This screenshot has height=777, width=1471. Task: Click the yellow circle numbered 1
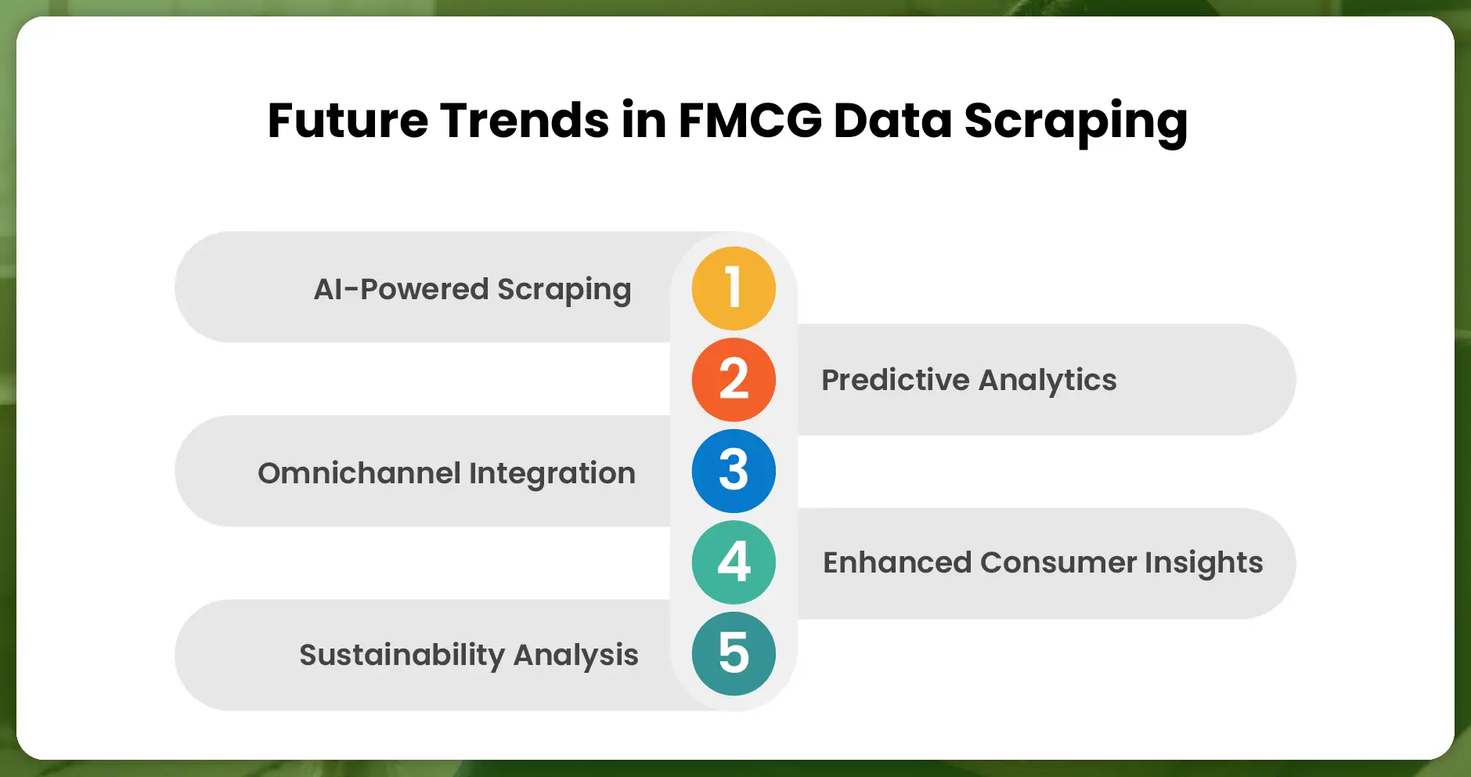point(734,288)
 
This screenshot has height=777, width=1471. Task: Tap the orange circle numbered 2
point(734,380)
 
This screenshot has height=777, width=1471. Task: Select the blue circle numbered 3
point(734,471)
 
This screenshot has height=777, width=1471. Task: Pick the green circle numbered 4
point(734,562)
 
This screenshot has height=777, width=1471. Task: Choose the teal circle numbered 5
point(734,653)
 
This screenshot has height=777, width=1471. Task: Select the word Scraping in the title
point(1076,122)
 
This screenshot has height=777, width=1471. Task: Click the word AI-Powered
point(401,289)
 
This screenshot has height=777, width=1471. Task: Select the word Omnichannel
point(359,473)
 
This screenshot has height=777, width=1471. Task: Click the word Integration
point(552,473)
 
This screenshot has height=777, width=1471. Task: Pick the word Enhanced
point(897,562)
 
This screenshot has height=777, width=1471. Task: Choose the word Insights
point(1204,563)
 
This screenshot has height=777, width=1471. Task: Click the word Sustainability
point(402,655)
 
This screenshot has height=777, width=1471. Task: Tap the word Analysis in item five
point(575,655)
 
